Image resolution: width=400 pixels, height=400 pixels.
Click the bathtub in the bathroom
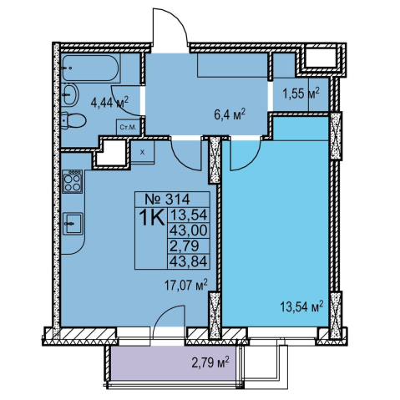(x=91, y=68)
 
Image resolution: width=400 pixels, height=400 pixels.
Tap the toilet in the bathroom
(x=73, y=120)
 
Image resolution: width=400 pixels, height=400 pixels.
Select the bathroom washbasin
(x=70, y=95)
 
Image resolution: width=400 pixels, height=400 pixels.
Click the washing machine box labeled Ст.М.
(x=128, y=128)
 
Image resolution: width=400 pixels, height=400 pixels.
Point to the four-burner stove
(x=73, y=181)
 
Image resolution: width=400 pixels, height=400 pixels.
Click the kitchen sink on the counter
(x=73, y=223)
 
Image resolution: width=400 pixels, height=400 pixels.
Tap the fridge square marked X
(x=143, y=152)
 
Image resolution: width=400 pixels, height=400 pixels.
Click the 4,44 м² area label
(x=109, y=103)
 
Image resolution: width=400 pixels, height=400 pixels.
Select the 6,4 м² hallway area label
(x=230, y=114)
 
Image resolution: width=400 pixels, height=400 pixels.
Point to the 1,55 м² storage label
(x=301, y=94)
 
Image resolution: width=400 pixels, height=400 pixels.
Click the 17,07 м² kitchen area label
(x=186, y=286)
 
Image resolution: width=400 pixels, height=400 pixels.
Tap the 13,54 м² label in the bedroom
(x=301, y=306)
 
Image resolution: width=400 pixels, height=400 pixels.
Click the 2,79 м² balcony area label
(x=210, y=363)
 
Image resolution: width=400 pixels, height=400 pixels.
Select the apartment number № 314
(x=167, y=200)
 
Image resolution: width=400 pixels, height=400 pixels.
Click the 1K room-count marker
(x=151, y=219)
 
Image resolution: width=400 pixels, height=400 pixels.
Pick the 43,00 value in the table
(x=189, y=230)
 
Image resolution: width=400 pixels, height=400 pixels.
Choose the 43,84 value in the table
(x=189, y=261)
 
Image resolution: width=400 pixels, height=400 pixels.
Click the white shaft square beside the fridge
(x=111, y=153)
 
